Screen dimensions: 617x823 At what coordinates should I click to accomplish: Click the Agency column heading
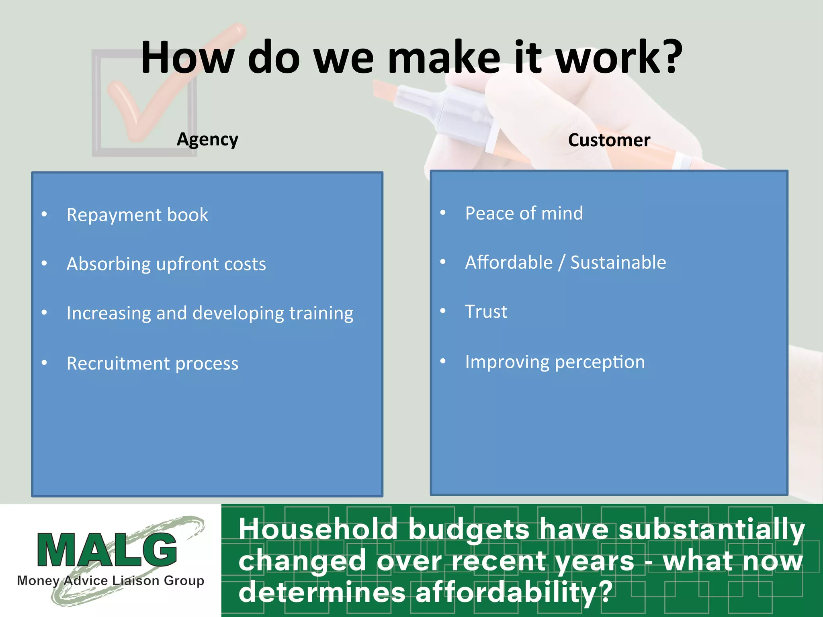pyautogui.click(x=207, y=140)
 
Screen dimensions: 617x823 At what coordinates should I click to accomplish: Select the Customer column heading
pyautogui.click(x=609, y=140)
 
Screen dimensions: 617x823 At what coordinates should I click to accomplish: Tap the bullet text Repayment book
pyautogui.click(x=137, y=215)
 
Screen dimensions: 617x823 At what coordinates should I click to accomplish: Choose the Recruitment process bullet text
pyautogui.click(x=152, y=364)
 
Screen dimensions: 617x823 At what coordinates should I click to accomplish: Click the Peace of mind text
pyautogui.click(x=524, y=213)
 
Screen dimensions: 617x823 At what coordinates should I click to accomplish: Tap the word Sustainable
pyautogui.click(x=618, y=263)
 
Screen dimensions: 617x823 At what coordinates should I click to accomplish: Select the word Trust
pyautogui.click(x=486, y=312)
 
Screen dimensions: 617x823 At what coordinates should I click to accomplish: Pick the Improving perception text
pyautogui.click(x=555, y=362)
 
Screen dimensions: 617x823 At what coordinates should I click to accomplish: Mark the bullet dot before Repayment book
pyautogui.click(x=44, y=215)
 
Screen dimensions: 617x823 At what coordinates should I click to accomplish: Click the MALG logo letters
pyautogui.click(x=107, y=550)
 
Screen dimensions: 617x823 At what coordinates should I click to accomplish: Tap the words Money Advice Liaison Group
pyautogui.click(x=111, y=580)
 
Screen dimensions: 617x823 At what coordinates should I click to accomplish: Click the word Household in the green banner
pyautogui.click(x=318, y=529)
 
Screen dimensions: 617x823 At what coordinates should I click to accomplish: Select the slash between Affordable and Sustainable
pyautogui.click(x=561, y=263)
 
